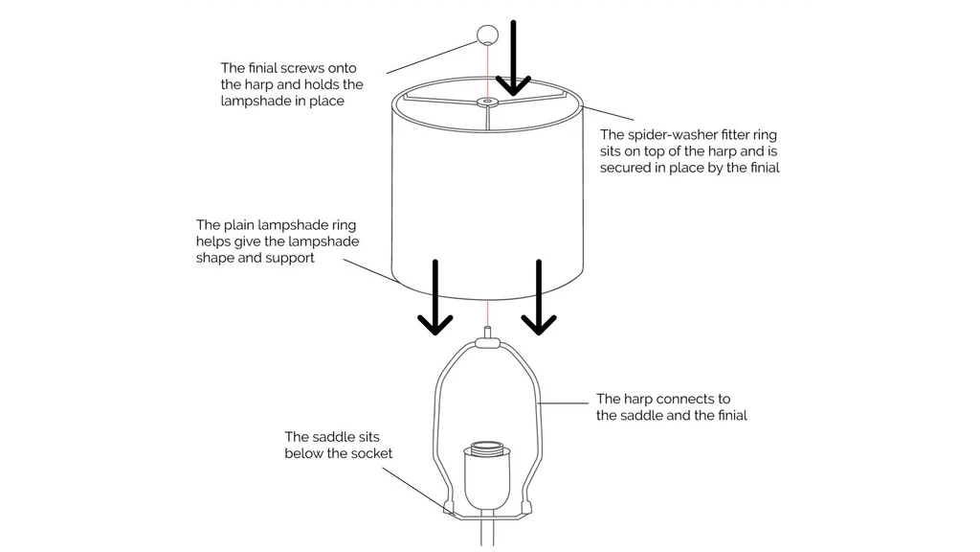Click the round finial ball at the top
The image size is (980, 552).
pos(487,35)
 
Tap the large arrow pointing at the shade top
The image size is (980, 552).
pos(514,57)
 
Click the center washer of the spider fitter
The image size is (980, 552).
pos(488,100)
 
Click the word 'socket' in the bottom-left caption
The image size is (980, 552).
pos(370,453)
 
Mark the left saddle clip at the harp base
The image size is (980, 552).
pos(448,505)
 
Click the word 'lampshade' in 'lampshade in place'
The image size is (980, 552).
pos(255,101)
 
